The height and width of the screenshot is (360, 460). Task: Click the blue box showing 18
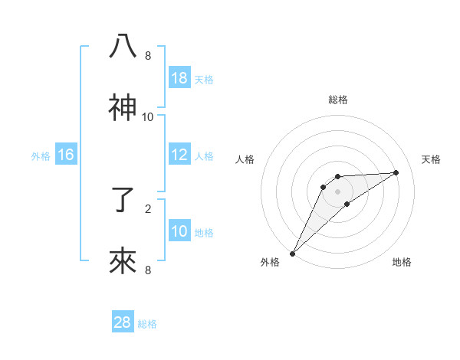[x=179, y=78]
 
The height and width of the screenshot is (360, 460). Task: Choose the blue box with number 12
[x=179, y=155]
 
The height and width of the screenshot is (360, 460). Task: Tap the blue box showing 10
[x=179, y=231]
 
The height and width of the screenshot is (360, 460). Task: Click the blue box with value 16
[x=66, y=155]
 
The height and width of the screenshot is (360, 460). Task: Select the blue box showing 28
[x=123, y=322]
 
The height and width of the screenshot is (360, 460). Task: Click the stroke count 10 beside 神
[x=148, y=116]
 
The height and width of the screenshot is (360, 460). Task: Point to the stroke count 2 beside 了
[x=148, y=208]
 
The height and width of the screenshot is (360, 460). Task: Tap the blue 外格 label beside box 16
[x=41, y=155]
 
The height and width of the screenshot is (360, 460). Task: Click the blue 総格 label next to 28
[x=147, y=323]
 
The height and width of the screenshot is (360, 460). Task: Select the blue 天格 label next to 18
[x=204, y=79]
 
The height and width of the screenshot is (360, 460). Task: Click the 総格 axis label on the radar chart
[x=338, y=100]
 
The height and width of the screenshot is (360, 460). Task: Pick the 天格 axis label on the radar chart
[x=432, y=159]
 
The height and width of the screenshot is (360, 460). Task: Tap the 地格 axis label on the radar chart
[x=402, y=262]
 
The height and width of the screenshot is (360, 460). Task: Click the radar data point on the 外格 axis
[x=292, y=253]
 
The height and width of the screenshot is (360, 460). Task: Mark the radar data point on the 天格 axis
[x=396, y=172]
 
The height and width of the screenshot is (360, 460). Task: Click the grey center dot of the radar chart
[x=338, y=191]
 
